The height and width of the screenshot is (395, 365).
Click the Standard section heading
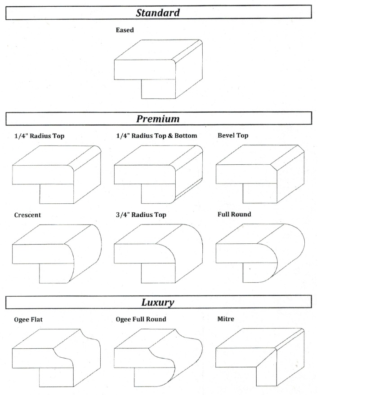pos(158,13)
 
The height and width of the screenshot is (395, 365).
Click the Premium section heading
pos(158,118)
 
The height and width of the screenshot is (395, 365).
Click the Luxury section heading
pos(158,302)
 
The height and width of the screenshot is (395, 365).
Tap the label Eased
pos(125,30)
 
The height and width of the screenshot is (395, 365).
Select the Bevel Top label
pos(233,136)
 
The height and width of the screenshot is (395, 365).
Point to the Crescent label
pos(27,215)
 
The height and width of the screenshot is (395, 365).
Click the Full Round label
pos(234,215)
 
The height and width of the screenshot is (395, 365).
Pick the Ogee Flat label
pos(28,320)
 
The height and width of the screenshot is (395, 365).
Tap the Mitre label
pos(226,319)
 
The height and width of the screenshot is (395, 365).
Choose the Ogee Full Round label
pos(141,319)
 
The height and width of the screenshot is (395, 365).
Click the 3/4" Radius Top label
pos(141,215)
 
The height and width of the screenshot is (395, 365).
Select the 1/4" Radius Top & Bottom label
pos(156,136)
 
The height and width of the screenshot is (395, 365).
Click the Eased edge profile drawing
pos(158,69)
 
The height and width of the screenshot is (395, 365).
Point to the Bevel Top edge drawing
pos(260,174)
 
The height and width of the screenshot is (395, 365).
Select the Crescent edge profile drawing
pos(57,254)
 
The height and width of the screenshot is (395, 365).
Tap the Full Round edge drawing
pos(260,253)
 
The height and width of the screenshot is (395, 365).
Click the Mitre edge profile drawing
pos(260,357)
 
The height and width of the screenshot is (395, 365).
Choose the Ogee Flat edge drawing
pos(56,358)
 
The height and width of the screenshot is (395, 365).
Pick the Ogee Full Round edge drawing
pos(158,358)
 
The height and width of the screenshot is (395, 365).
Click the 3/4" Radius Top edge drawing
pos(158,254)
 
